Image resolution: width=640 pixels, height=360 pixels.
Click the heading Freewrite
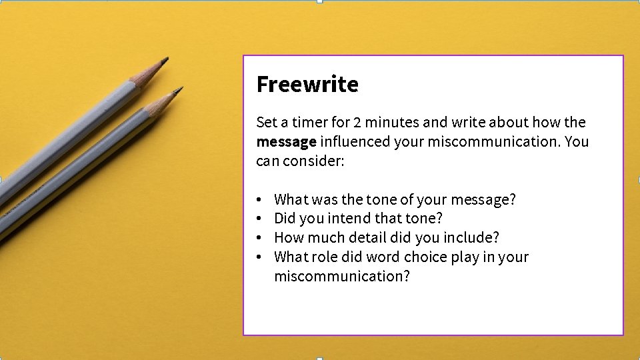[307, 85]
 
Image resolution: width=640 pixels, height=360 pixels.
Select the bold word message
[286, 142]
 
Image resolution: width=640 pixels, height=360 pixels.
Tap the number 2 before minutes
[357, 123]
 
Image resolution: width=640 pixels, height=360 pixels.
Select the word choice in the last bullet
[425, 257]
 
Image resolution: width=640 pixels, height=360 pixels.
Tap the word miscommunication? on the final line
[342, 277]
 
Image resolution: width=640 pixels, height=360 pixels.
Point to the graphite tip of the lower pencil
[179, 89]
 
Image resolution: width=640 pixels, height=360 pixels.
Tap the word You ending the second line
[577, 142]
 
